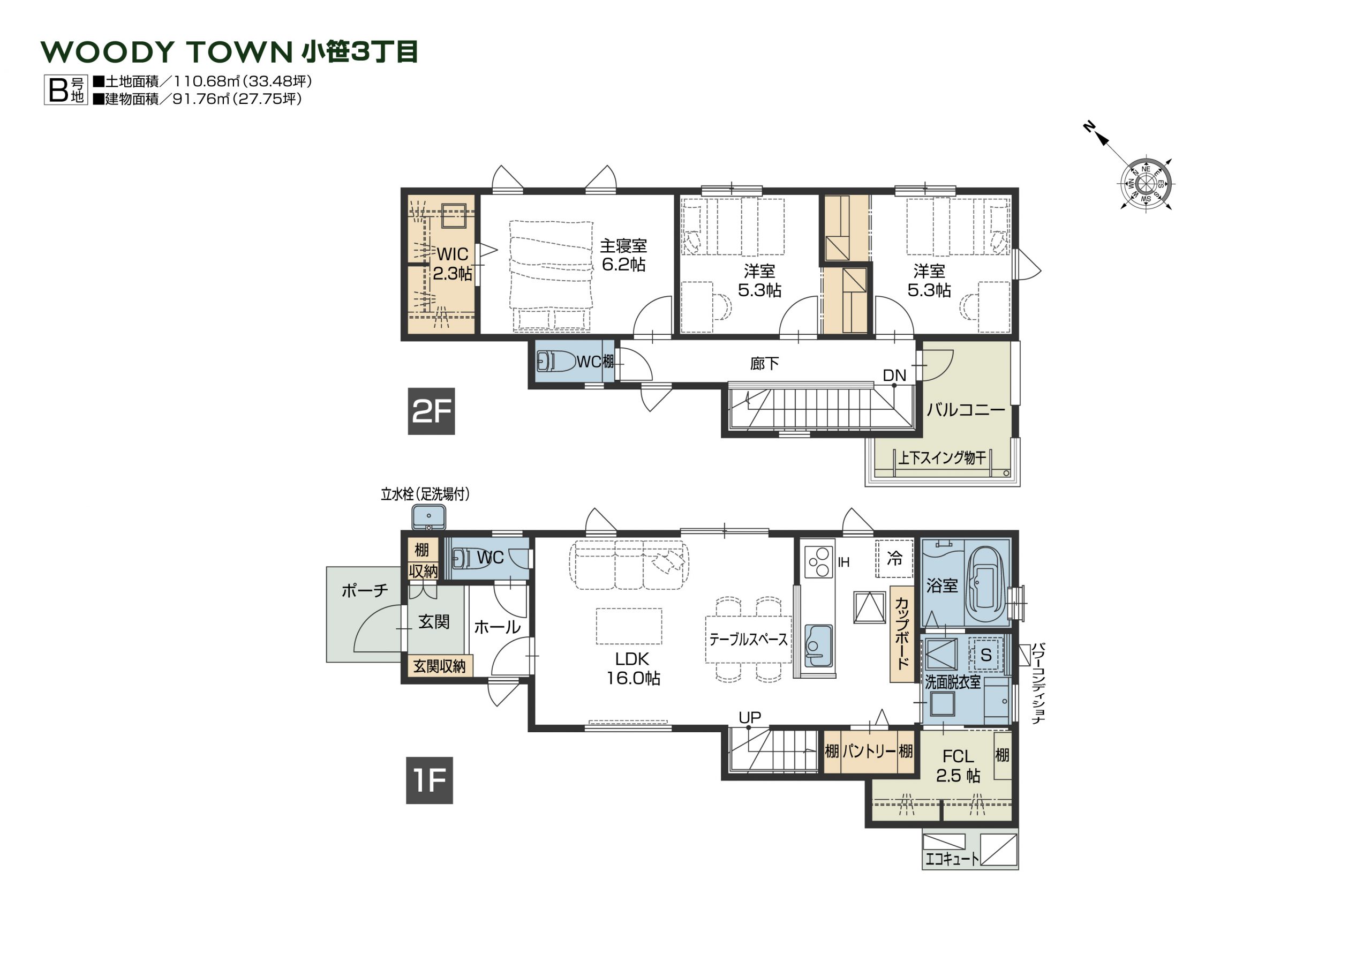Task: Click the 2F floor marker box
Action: (x=431, y=411)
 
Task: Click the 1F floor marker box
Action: (x=430, y=780)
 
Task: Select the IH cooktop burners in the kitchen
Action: (x=819, y=561)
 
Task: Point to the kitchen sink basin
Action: (x=818, y=646)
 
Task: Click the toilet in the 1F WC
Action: (x=471, y=558)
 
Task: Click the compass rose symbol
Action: (x=1146, y=183)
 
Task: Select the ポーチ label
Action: (x=365, y=591)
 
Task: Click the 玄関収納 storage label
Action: (x=440, y=666)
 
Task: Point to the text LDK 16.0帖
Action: (x=633, y=668)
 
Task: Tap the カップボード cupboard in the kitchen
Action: (x=902, y=634)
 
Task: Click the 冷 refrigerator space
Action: (x=894, y=559)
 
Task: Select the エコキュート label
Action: (x=952, y=859)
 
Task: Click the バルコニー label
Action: (x=966, y=410)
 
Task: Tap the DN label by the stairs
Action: (x=894, y=375)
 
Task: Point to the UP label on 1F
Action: (x=750, y=717)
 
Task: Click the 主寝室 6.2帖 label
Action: (x=623, y=255)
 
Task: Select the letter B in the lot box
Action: (x=58, y=90)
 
